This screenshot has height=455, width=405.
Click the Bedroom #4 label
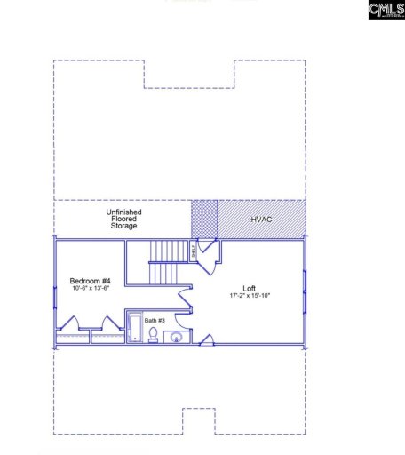(x=89, y=280)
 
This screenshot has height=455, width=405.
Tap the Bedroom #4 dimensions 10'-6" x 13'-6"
(x=89, y=289)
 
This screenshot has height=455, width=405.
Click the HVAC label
(x=261, y=218)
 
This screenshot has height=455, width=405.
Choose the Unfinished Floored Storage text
(x=123, y=220)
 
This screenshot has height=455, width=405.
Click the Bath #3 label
(x=143, y=319)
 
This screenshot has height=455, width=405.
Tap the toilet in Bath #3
(x=153, y=335)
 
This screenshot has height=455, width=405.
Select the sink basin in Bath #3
(x=172, y=336)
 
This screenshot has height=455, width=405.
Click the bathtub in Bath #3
(x=133, y=328)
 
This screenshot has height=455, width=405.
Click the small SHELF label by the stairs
(x=194, y=251)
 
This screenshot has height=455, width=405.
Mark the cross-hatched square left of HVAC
(x=204, y=218)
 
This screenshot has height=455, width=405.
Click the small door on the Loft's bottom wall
(x=206, y=339)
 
